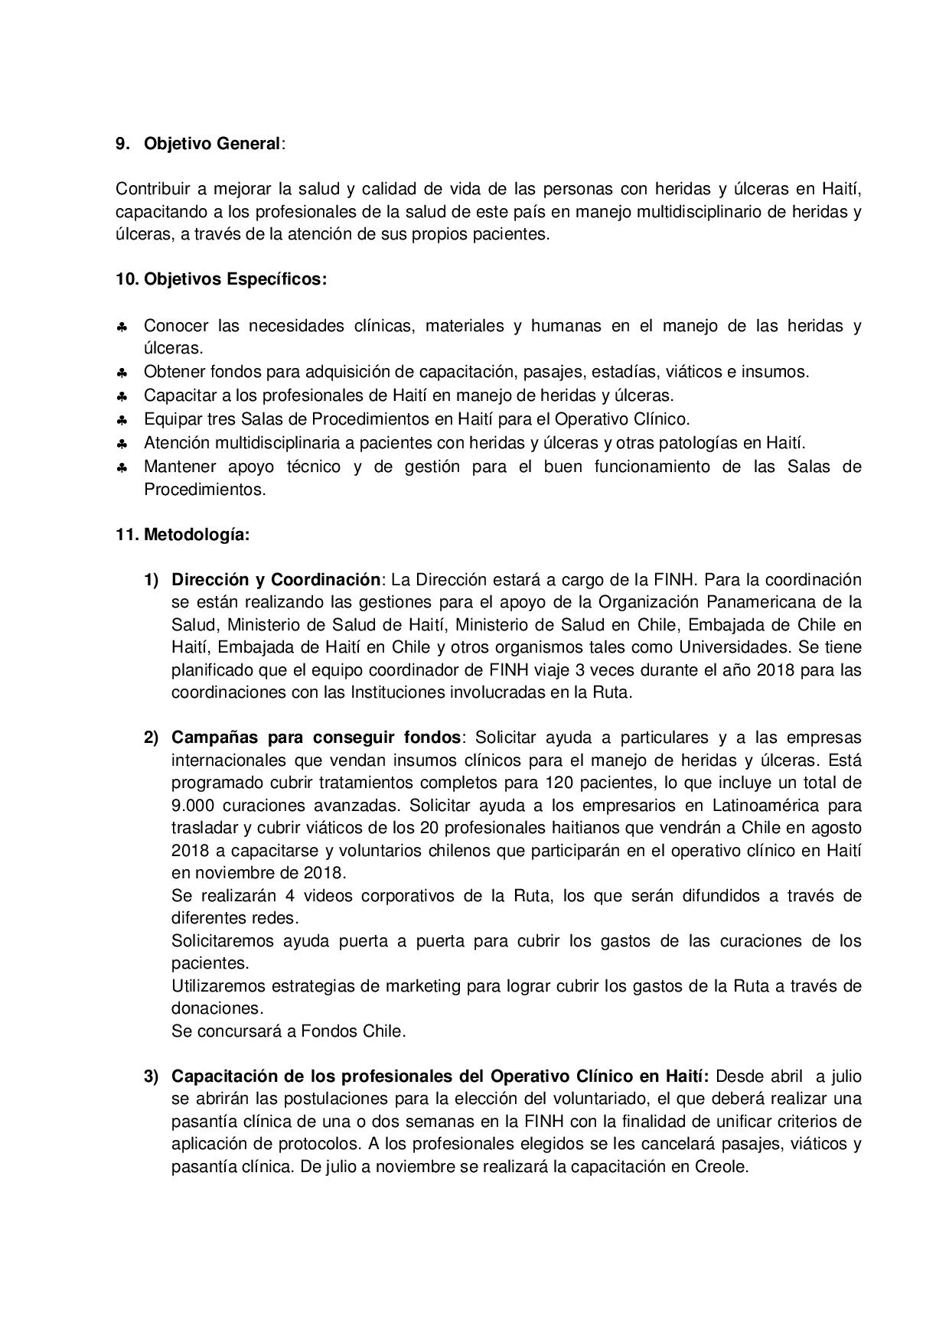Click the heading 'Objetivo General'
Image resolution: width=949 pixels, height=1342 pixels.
212,143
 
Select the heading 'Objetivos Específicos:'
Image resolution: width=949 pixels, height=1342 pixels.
235,279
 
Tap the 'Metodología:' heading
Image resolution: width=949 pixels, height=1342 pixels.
197,535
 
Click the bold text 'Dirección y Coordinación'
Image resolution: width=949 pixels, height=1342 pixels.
276,579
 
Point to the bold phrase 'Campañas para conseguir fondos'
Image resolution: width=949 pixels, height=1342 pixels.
316,738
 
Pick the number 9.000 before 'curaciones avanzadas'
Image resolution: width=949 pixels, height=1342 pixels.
197,806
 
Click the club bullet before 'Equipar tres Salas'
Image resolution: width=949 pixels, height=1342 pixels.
122,420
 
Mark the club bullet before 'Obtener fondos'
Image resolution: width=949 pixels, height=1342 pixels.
122,373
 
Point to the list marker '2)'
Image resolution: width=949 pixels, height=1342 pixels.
151,738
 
